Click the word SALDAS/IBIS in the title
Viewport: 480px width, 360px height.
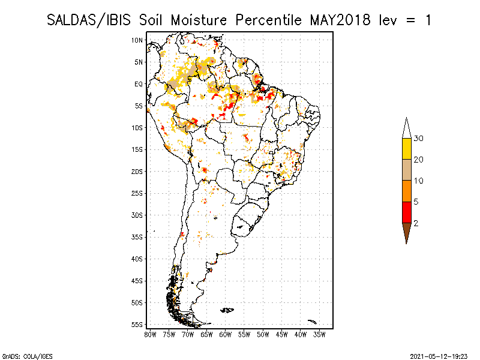pyautogui.click(x=89, y=20)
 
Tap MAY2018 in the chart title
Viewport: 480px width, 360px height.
pyautogui.click(x=340, y=20)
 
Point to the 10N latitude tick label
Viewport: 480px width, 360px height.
pyautogui.click(x=137, y=40)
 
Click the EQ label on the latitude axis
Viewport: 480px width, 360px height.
pyautogui.click(x=139, y=84)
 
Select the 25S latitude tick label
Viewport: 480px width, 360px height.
pyautogui.click(x=137, y=193)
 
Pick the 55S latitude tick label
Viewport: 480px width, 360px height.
pyautogui.click(x=137, y=325)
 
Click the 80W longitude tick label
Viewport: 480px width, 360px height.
pyautogui.click(x=150, y=335)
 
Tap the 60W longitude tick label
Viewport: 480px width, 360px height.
pyautogui.click(x=226, y=335)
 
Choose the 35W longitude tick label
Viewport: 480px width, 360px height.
pyautogui.click(x=319, y=335)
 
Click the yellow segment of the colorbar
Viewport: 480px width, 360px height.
pyautogui.click(x=407, y=149)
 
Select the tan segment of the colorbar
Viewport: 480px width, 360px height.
pyautogui.click(x=407, y=170)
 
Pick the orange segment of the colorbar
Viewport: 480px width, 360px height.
pyautogui.click(x=407, y=191)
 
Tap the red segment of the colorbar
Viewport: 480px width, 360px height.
pyautogui.click(x=407, y=212)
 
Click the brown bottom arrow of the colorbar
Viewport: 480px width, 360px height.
pyautogui.click(x=407, y=231)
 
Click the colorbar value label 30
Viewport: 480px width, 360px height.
pyautogui.click(x=418, y=139)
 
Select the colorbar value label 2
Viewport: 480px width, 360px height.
pyautogui.click(x=416, y=223)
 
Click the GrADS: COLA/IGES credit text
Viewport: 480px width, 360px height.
pyautogui.click(x=28, y=356)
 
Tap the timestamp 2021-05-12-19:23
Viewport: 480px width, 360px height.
pyautogui.click(x=439, y=356)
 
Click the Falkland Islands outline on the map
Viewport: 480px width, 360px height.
pyautogui.click(x=227, y=310)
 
